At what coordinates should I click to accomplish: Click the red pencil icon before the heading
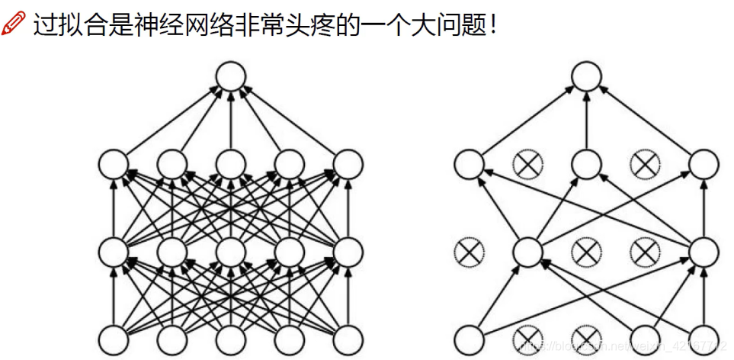tap(14, 26)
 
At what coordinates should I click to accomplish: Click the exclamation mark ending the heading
tap(494, 26)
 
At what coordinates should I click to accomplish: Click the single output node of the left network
tap(230, 76)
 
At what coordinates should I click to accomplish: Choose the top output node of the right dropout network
tap(586, 76)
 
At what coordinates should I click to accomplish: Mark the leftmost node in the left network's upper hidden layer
tap(113, 163)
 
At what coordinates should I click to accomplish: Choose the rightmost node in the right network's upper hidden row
tap(704, 163)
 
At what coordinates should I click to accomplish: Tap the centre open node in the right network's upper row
tap(586, 163)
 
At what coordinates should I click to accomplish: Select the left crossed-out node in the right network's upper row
tap(527, 163)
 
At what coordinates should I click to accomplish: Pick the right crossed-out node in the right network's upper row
tap(645, 163)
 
